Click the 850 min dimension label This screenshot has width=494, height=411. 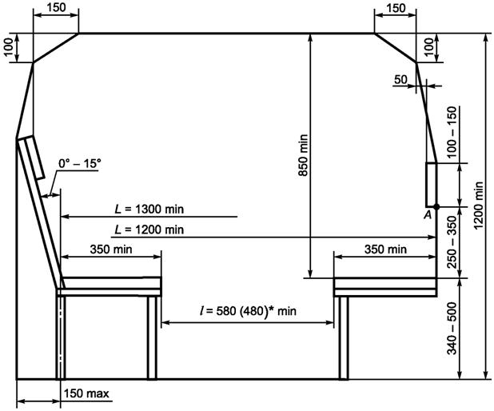[x=304, y=155]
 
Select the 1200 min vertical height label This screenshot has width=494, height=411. [x=479, y=205]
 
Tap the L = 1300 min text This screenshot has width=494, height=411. [x=149, y=209]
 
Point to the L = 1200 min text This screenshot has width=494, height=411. [x=149, y=229]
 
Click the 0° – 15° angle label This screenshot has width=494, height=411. [x=80, y=164]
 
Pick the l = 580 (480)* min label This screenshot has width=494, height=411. [x=249, y=311]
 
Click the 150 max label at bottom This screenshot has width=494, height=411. [x=86, y=393]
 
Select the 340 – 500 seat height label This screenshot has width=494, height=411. [x=452, y=329]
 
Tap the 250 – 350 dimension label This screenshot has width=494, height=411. [x=452, y=242]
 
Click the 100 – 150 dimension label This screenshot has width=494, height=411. [x=452, y=132]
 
